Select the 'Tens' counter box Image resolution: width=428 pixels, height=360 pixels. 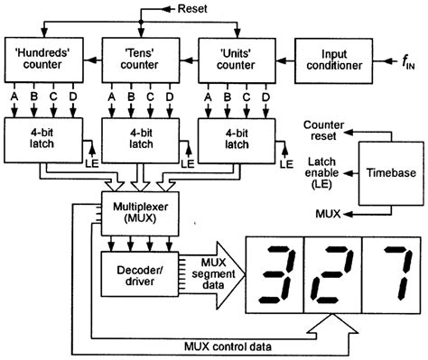(139, 58)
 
